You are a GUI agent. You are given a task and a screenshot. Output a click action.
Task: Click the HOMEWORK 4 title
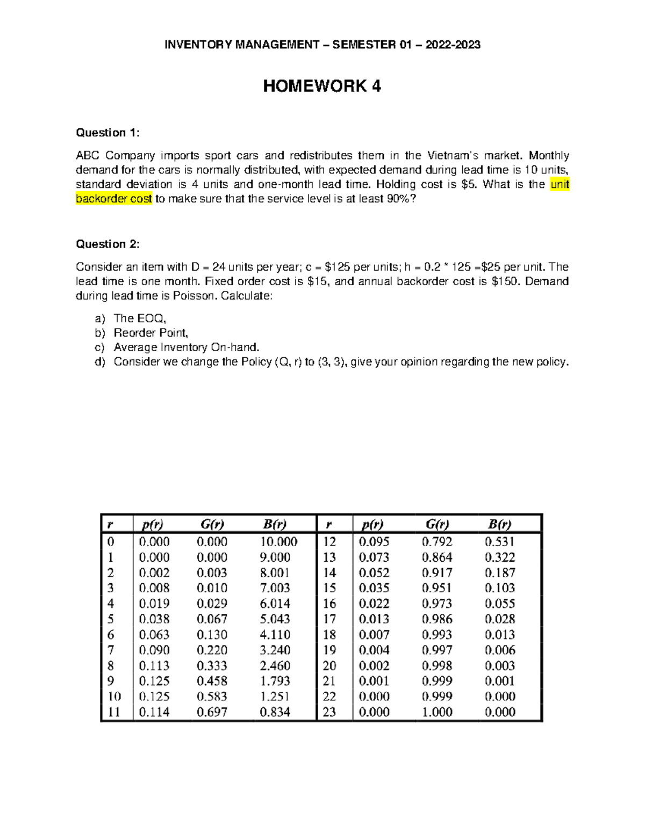(x=322, y=86)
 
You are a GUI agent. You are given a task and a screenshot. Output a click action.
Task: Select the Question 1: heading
(x=107, y=133)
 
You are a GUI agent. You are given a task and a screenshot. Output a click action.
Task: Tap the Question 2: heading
(x=107, y=244)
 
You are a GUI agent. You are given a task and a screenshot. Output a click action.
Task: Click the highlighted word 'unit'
(x=560, y=185)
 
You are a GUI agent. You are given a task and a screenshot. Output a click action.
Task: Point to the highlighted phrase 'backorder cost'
(x=114, y=199)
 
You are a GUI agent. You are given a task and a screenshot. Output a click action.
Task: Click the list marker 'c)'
(x=100, y=347)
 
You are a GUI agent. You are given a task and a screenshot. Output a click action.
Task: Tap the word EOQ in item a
(x=151, y=318)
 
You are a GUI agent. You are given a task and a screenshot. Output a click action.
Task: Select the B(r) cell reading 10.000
(x=278, y=542)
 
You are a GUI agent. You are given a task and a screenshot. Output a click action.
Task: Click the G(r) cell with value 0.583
(x=212, y=697)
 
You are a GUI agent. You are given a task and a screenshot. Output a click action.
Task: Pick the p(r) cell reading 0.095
(x=374, y=542)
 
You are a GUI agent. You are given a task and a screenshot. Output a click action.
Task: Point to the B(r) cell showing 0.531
(x=500, y=542)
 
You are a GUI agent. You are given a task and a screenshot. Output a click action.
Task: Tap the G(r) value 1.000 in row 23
(x=437, y=712)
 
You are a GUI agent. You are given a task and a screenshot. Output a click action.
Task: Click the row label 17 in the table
(x=329, y=619)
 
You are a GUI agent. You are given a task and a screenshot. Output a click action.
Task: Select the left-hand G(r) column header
(x=212, y=524)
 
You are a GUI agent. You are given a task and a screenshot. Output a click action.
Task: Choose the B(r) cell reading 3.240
(x=275, y=650)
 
